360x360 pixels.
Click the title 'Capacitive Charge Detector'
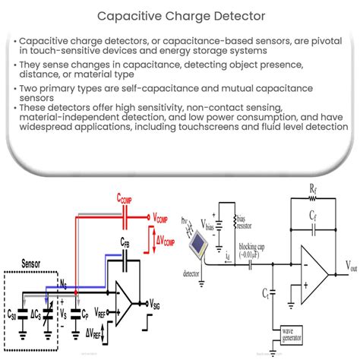click(180, 14)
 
